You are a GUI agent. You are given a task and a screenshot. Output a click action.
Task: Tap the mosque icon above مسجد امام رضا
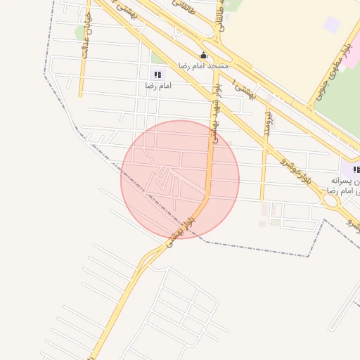204,55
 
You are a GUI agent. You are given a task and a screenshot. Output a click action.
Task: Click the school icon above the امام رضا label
157,74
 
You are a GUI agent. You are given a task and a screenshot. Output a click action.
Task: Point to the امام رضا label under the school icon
159,85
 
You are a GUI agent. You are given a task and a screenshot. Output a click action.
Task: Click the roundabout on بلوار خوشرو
329,200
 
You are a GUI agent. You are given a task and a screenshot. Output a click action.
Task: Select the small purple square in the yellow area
331,25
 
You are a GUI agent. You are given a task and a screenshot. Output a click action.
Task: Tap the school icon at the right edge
356,170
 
